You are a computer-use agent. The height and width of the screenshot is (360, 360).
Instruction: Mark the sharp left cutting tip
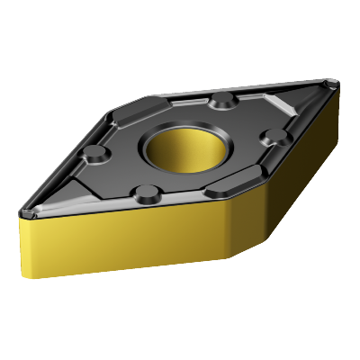[x=22, y=211]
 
